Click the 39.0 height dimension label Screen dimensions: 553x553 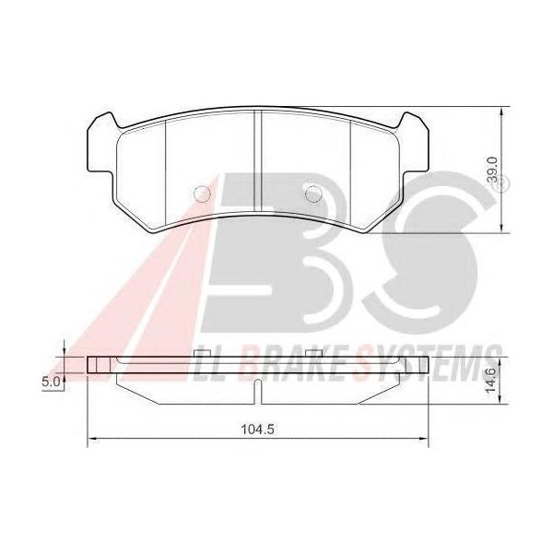pos(492,170)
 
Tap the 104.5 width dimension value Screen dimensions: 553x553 pos(257,429)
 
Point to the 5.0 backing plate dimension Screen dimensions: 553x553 pos(51,382)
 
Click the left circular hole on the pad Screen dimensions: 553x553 pos(203,194)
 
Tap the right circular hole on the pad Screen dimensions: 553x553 pos(312,194)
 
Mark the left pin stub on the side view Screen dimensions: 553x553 pos(203,353)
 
